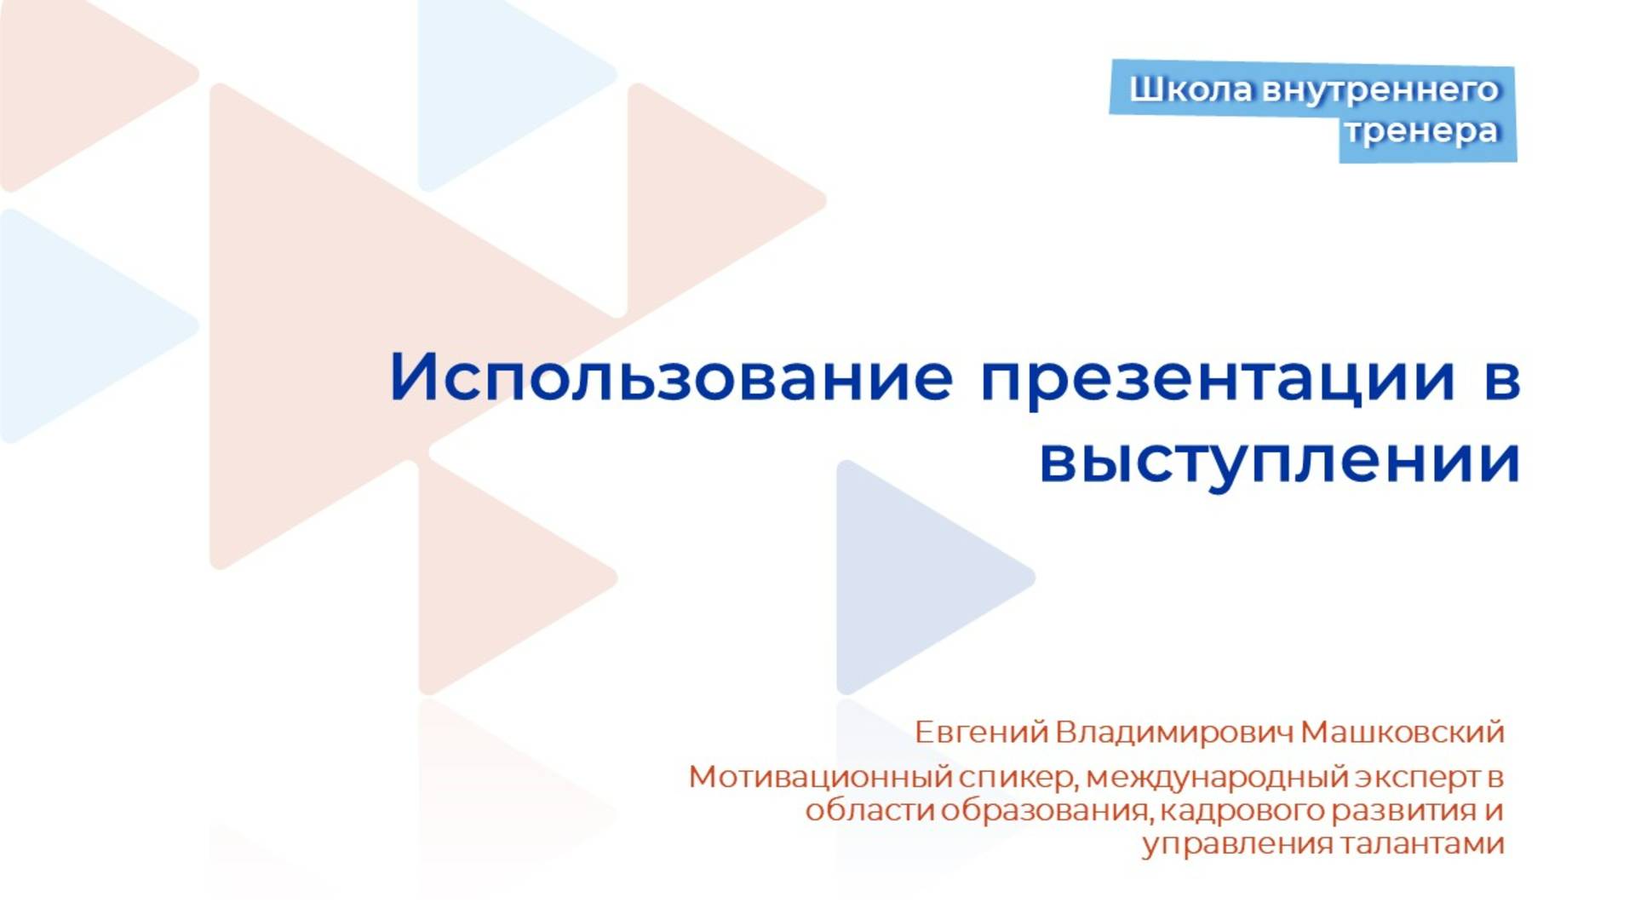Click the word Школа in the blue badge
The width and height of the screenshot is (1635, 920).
click(x=1190, y=89)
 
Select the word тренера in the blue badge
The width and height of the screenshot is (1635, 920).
click(x=1421, y=132)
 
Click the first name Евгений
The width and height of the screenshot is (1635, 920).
click(x=980, y=733)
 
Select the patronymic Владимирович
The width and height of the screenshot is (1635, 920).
click(x=1173, y=733)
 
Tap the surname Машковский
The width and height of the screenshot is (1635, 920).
click(x=1403, y=733)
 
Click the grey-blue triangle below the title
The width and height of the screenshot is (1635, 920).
click(x=911, y=578)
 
